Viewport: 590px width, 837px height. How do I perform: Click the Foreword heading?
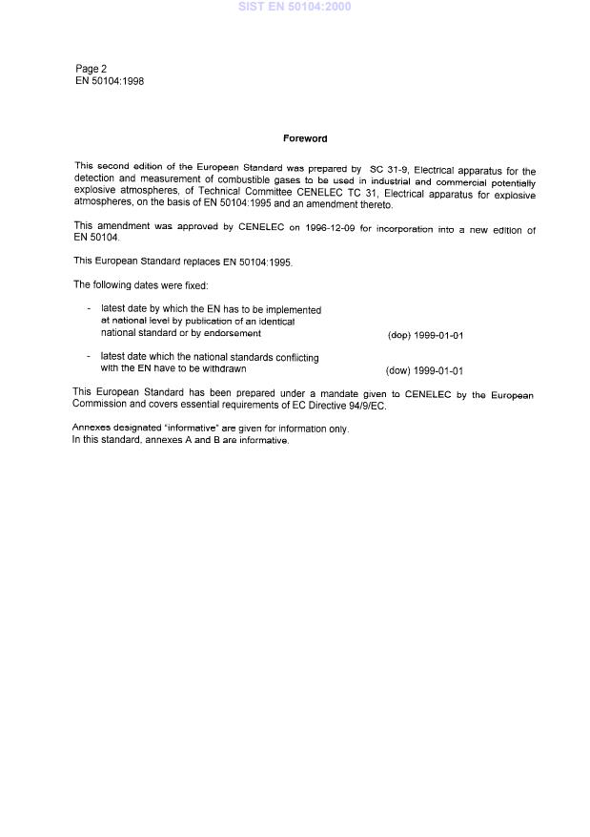pos(305,139)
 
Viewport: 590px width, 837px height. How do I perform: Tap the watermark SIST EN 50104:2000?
pos(295,7)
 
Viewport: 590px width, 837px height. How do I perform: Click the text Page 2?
pos(92,69)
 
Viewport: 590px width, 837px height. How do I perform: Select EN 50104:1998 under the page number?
pos(110,81)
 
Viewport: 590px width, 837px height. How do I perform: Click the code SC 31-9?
pos(389,168)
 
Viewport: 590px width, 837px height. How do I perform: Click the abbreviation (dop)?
pos(398,336)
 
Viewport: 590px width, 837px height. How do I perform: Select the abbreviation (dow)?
pos(397,371)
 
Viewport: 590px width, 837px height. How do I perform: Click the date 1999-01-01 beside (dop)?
pos(438,336)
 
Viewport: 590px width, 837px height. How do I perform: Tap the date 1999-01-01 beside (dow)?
pos(437,371)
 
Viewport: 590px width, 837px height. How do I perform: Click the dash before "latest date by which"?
pos(88,309)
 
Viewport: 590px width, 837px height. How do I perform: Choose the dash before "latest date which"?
pos(88,356)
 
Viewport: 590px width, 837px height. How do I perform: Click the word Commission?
pos(99,407)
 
